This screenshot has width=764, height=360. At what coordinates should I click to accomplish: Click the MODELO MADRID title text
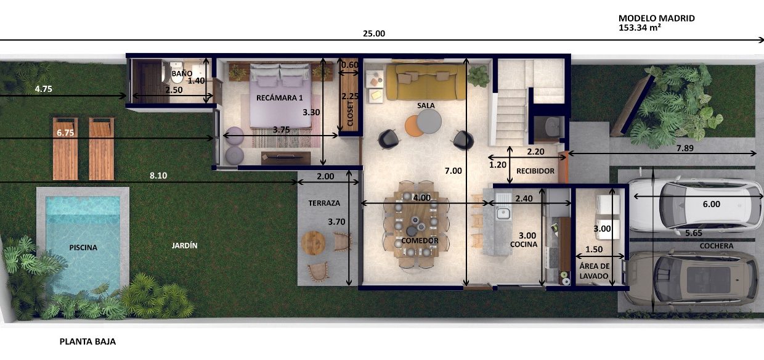point(657,18)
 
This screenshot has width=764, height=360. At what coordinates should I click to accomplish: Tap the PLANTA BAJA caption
point(87,342)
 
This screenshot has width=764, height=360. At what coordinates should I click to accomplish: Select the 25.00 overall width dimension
point(374,33)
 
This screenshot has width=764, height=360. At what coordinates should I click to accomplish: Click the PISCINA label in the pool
point(83,247)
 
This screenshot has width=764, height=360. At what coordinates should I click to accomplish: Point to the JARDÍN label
point(184,245)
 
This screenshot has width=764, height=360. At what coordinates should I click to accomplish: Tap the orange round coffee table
point(413,126)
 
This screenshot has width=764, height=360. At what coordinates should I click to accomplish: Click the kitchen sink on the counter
point(503,207)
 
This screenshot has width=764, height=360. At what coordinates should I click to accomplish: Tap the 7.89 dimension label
point(685,148)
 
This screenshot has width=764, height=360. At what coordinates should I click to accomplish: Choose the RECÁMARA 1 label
point(279,98)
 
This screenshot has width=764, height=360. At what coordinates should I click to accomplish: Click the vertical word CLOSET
point(350,113)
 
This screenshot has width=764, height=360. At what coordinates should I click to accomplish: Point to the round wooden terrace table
point(313,243)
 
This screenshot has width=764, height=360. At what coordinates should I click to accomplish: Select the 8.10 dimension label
point(158,176)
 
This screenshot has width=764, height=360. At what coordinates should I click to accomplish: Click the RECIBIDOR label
point(535,171)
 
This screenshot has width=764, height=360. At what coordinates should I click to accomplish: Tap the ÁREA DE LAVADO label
point(594,271)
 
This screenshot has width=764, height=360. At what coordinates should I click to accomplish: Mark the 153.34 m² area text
point(640,28)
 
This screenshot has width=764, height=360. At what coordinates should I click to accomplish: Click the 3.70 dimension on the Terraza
point(336,222)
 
